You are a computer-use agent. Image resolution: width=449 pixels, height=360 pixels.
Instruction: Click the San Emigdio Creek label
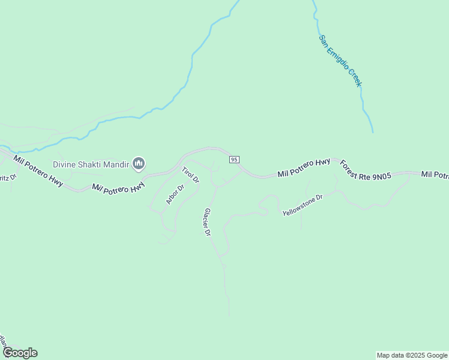[340, 61]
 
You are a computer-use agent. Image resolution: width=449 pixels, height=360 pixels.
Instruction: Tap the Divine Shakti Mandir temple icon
[139, 163]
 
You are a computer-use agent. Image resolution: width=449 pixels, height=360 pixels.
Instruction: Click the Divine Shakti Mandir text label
[91, 164]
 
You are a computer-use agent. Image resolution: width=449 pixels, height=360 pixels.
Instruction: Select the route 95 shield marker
[234, 159]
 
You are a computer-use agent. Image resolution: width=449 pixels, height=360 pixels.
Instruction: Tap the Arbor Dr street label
[175, 195]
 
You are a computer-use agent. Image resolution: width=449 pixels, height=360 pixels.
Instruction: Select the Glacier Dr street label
[208, 221]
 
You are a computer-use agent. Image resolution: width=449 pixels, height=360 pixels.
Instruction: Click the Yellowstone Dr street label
[303, 205]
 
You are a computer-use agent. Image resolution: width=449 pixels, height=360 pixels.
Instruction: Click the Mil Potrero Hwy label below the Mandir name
[119, 187]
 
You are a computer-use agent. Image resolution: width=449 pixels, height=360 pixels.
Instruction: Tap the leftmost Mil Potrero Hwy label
[38, 171]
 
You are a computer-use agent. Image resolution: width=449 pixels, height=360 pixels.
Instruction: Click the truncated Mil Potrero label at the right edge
[434, 175]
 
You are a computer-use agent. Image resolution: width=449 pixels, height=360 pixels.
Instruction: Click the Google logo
[20, 353]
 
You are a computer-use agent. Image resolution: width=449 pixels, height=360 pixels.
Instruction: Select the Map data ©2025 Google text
[412, 355]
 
